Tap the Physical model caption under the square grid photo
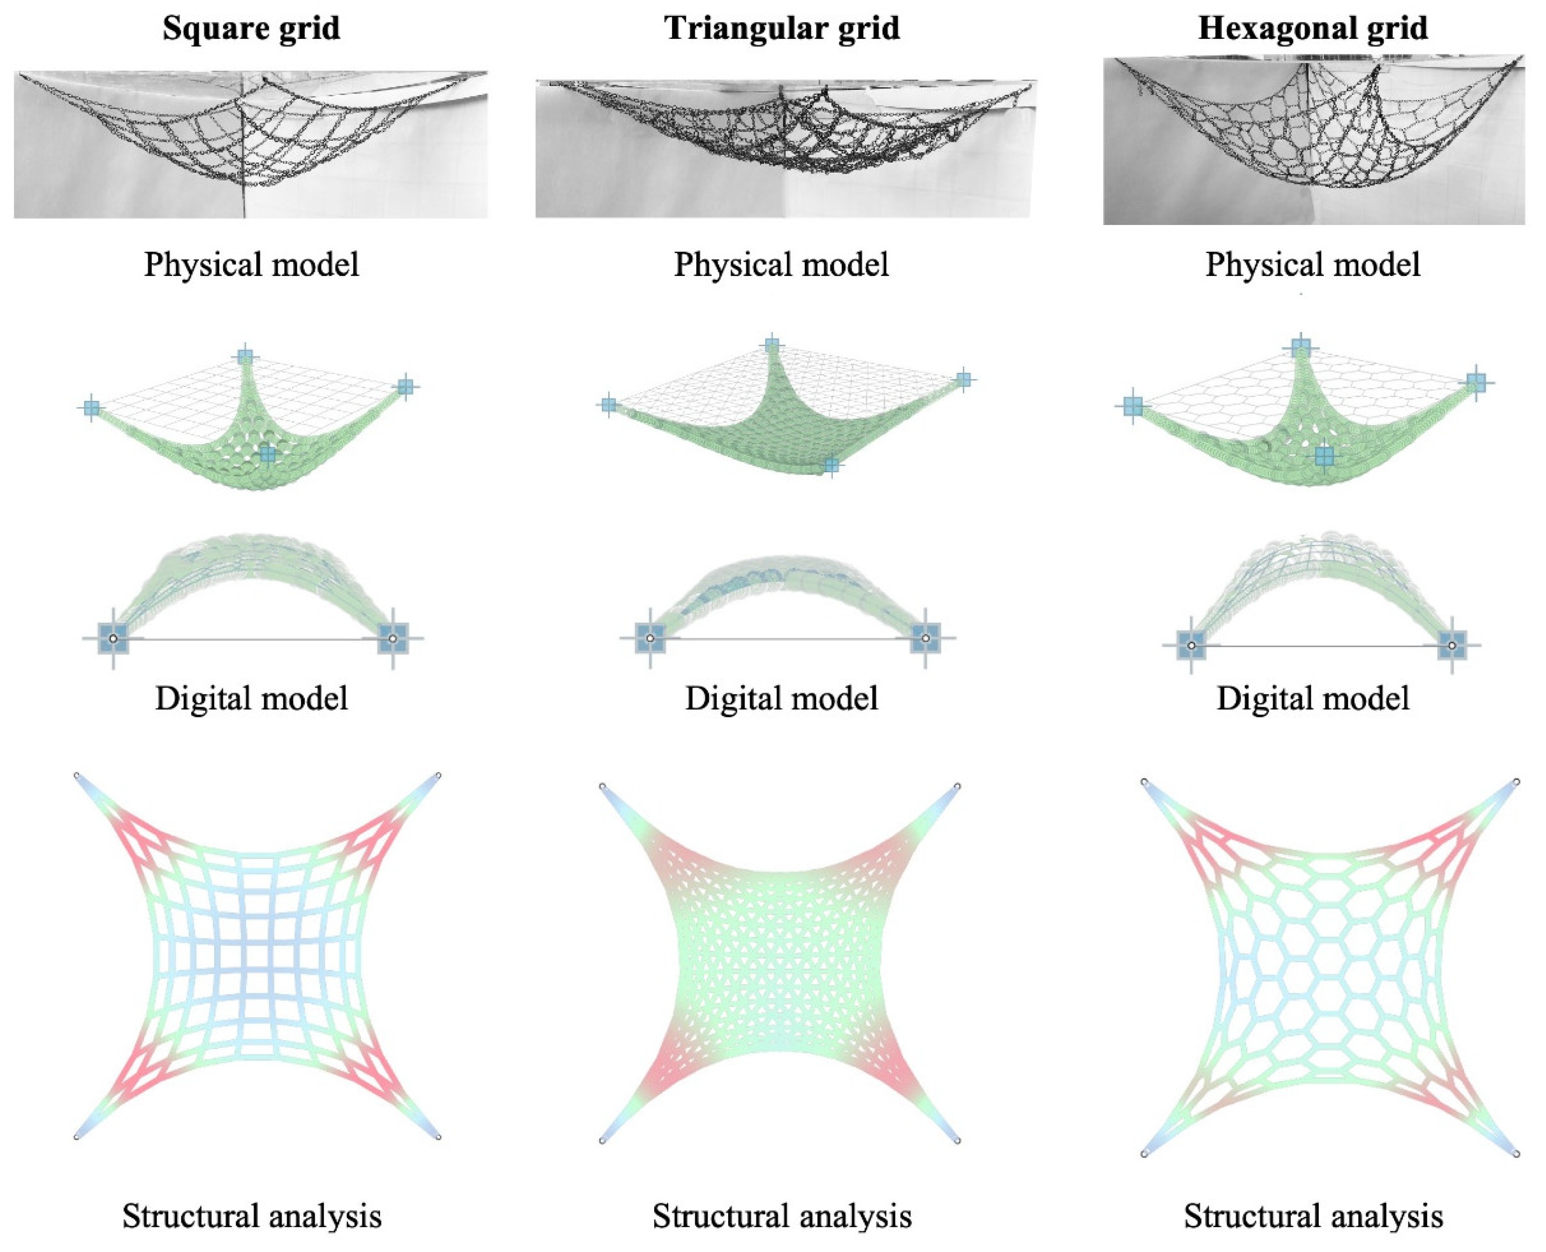pos(252,265)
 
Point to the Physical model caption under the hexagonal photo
pos(1313,265)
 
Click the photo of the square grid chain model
pos(251,144)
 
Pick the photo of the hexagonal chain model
pos(1314,140)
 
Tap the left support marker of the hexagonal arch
pos(1191,645)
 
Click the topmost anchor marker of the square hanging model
pos(245,356)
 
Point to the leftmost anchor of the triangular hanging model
pos(608,405)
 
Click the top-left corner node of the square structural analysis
pos(76,775)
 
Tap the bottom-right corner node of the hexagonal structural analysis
pos(1517,1154)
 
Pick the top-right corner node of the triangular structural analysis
pos(958,786)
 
